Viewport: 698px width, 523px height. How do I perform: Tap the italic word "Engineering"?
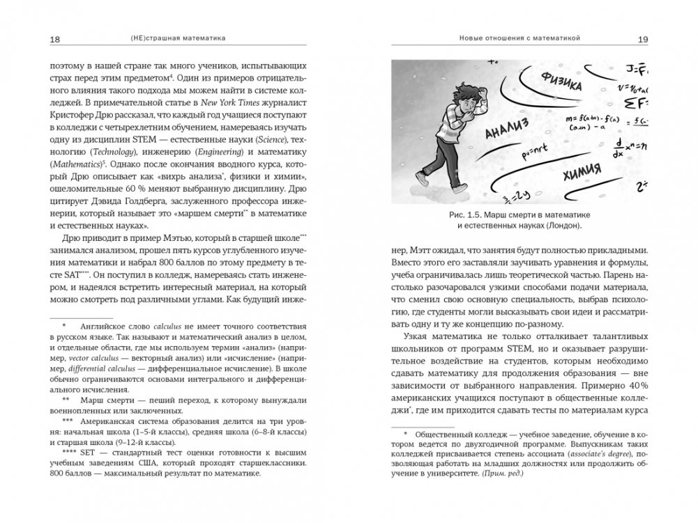coord(207,149)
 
